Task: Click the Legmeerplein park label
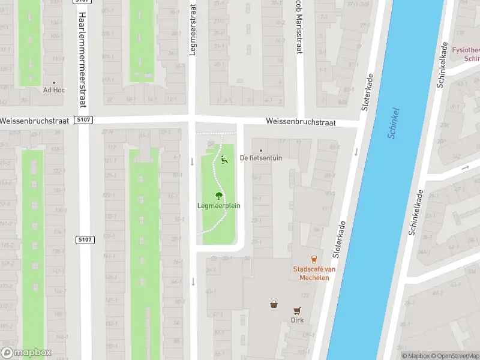218,206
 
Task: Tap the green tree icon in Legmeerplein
219,195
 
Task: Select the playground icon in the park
225,160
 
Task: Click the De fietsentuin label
260,158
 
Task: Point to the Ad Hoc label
53,91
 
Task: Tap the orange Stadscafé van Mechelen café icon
314,259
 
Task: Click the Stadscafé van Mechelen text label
314,273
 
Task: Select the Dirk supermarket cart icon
297,310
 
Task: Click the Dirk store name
297,320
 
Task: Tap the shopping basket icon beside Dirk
274,304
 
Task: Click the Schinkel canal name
393,124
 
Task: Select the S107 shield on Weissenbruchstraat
84,120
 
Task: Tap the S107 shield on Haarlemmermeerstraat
85,240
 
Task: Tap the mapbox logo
26,353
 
